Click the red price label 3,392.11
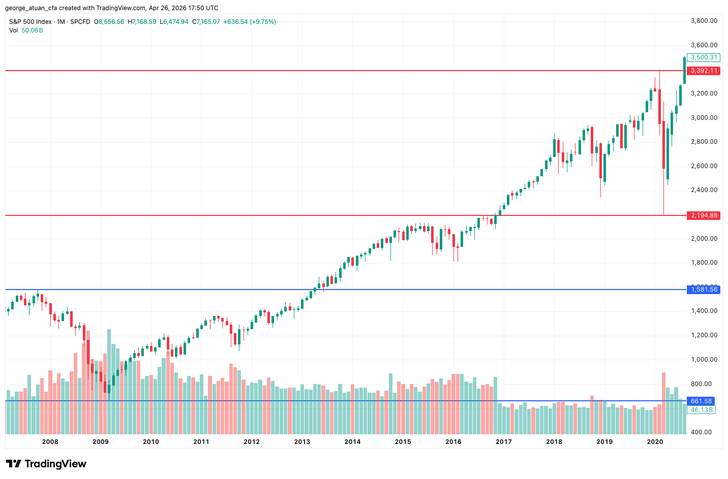point(704,71)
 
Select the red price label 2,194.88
point(704,215)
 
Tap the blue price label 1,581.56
point(704,290)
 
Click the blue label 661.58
point(701,401)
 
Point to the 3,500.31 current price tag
point(704,57)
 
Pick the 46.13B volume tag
point(701,409)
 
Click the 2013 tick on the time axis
point(302,441)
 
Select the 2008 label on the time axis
point(50,441)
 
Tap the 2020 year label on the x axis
point(655,441)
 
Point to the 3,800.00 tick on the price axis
point(704,21)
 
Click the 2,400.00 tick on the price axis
point(704,190)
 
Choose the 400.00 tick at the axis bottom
point(704,432)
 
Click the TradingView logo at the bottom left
point(46,464)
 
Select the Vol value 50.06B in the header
point(32,30)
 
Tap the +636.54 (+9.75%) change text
point(250,22)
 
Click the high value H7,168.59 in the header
point(142,22)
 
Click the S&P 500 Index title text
point(31,22)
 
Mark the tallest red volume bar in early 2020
point(663,403)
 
